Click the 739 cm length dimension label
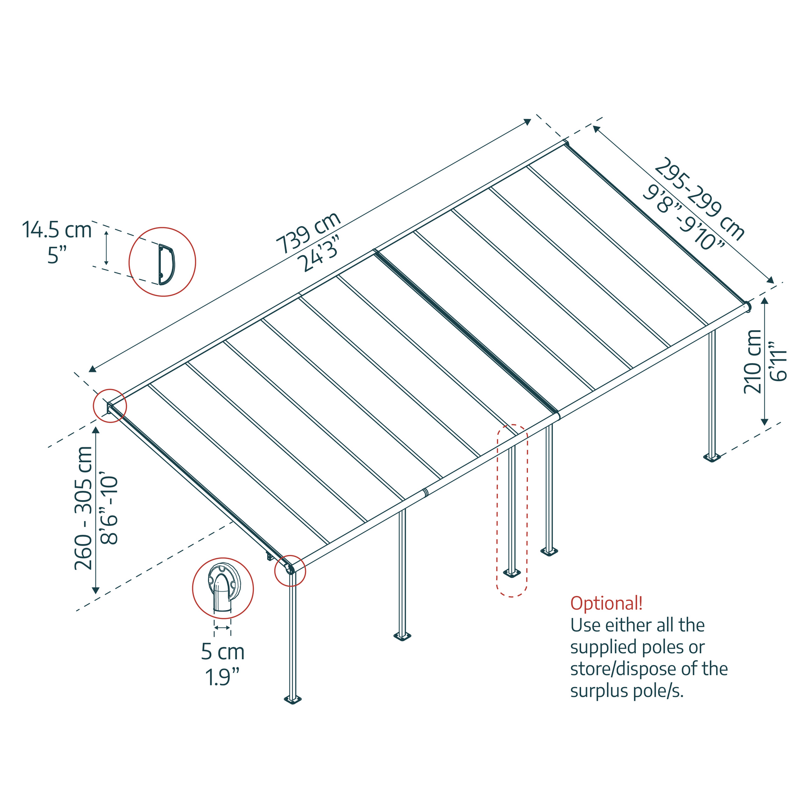coord(309,233)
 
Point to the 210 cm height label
coord(752,362)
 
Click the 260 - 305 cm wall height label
coord(83,508)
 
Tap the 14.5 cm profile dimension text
coord(57,230)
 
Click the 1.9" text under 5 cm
coord(222,677)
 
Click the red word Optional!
coord(606,603)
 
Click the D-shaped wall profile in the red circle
coord(166,265)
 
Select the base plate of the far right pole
coord(712,458)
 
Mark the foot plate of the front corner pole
coord(293,700)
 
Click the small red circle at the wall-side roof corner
coord(110,405)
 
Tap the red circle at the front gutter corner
coord(290,571)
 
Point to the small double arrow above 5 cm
coord(222,628)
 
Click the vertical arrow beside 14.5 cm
coord(106,248)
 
